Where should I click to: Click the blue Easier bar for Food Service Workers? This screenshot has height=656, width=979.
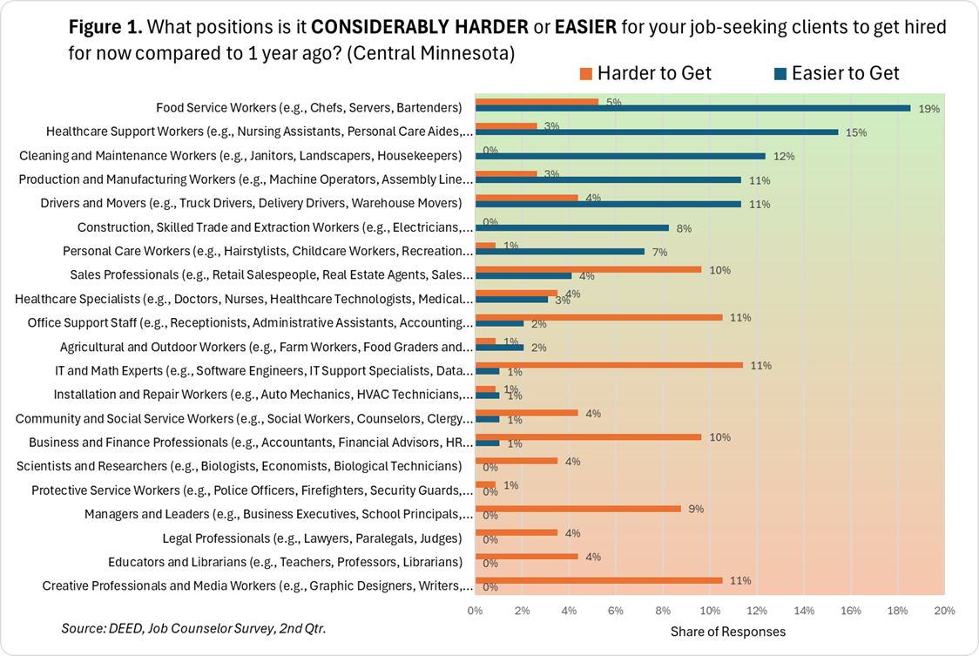pyautogui.click(x=692, y=109)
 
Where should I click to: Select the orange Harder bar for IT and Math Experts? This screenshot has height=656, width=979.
pyautogui.click(x=608, y=365)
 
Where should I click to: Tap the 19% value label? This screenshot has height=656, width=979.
pyautogui.click(x=928, y=110)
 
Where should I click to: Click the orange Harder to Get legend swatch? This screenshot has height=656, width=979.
pyautogui.click(x=585, y=74)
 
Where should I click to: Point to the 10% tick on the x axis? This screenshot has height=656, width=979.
pyautogui.click(x=710, y=610)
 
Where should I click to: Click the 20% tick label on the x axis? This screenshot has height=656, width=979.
pyautogui.click(x=944, y=610)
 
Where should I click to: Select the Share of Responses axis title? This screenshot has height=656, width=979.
pyautogui.click(x=727, y=631)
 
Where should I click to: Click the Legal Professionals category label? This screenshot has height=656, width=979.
pyautogui.click(x=312, y=538)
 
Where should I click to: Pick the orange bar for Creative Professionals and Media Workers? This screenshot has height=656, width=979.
pyautogui.click(x=598, y=580)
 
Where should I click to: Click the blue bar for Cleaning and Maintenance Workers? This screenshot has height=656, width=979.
pyautogui.click(x=620, y=156)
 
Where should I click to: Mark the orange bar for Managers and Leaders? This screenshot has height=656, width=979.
pyautogui.click(x=577, y=509)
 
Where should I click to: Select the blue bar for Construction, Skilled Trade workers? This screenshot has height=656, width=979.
pyautogui.click(x=571, y=227)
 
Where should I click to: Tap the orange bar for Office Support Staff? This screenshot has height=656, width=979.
pyautogui.click(x=598, y=317)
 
